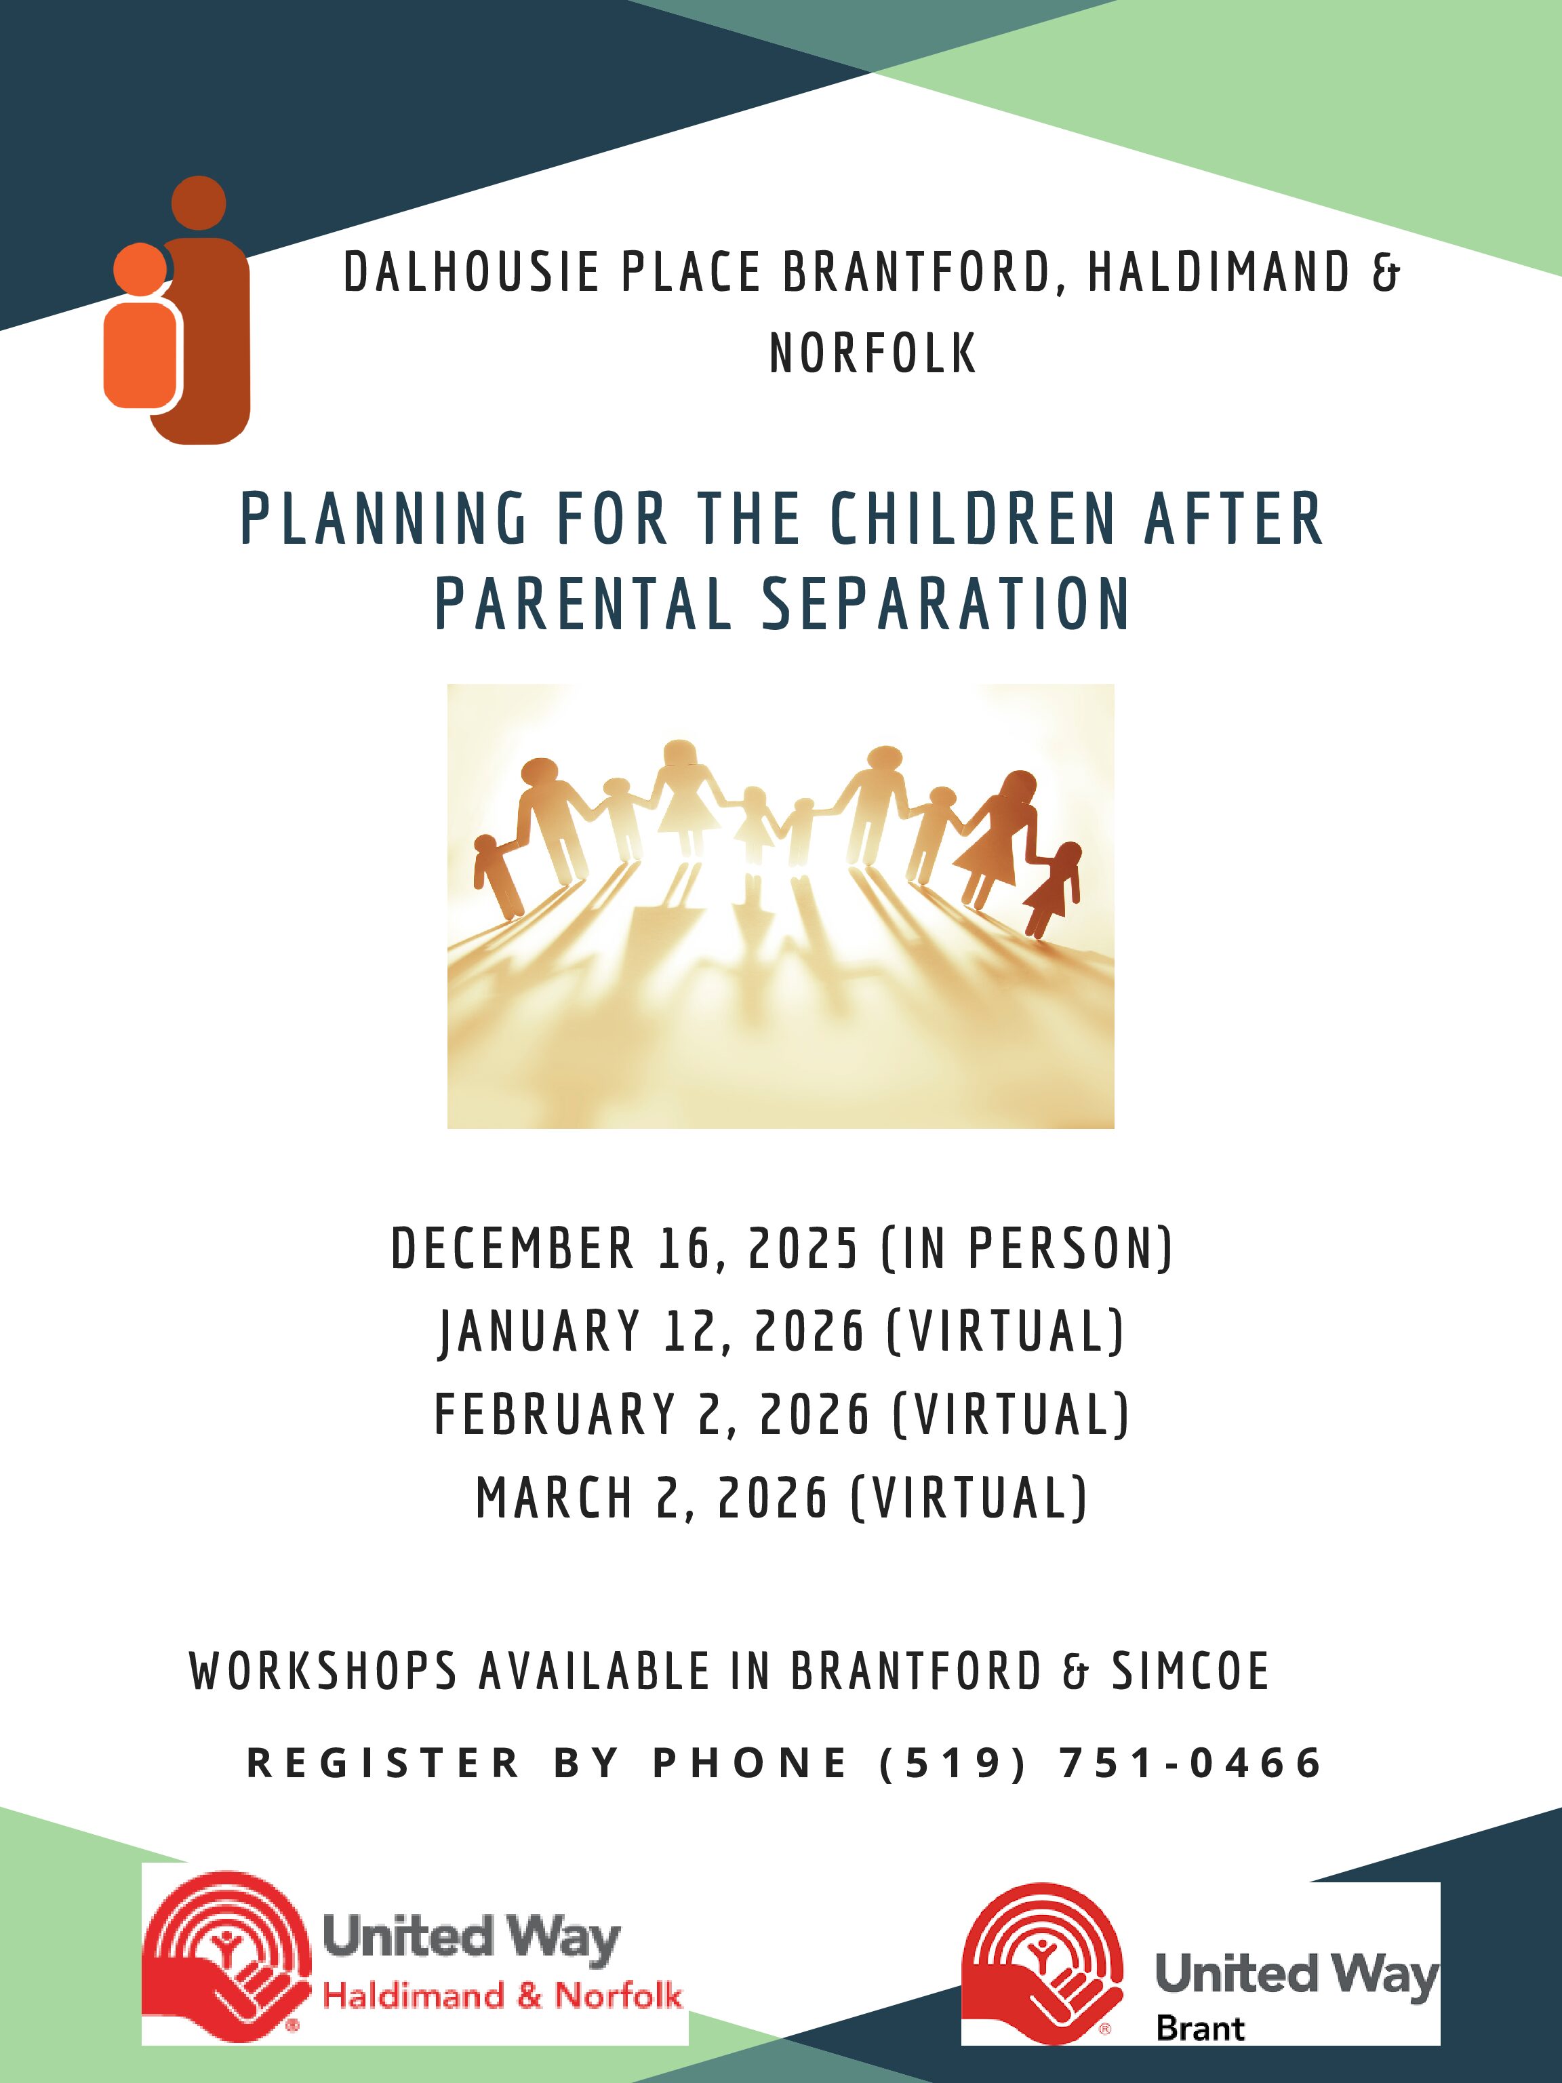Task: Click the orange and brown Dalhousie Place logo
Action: click(x=177, y=310)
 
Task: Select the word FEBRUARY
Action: click(x=555, y=1414)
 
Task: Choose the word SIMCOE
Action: click(x=1191, y=1671)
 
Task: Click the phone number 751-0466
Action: click(x=1191, y=1763)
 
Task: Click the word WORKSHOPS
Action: click(x=324, y=1671)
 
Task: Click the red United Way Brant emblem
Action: click(x=1043, y=1962)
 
